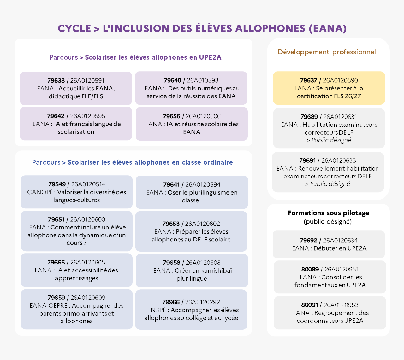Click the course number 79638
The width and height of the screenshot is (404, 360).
(56, 80)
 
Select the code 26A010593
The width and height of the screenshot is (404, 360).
(203, 80)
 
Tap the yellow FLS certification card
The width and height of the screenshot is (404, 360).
(329, 88)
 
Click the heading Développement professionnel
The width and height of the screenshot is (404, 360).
(327, 52)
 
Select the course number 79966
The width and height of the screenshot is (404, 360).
(171, 302)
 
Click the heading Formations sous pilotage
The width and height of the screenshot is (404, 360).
(329, 213)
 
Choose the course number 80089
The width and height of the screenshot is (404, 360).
(310, 269)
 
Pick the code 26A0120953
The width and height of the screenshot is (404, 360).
(341, 305)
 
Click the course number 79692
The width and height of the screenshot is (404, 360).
(308, 241)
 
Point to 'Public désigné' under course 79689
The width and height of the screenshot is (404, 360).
(331, 140)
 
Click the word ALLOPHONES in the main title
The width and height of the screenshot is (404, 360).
(270, 28)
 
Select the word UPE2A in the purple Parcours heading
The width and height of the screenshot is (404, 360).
(210, 57)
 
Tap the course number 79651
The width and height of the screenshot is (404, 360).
(56, 219)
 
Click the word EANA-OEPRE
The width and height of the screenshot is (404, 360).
(49, 305)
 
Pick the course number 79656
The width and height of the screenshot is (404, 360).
(171, 116)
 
